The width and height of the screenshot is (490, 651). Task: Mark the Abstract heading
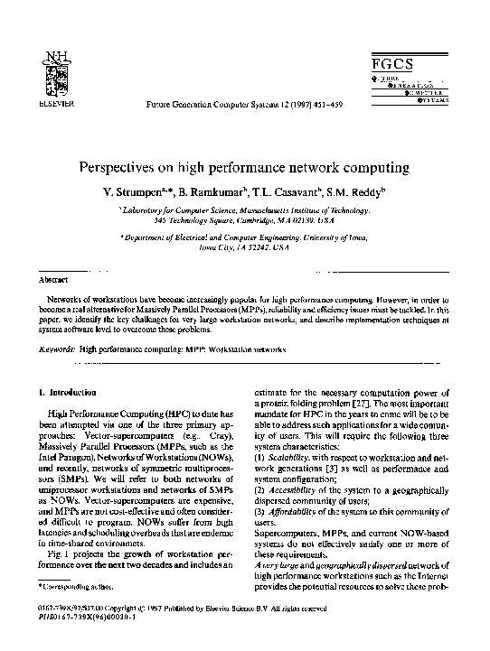(x=57, y=280)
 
